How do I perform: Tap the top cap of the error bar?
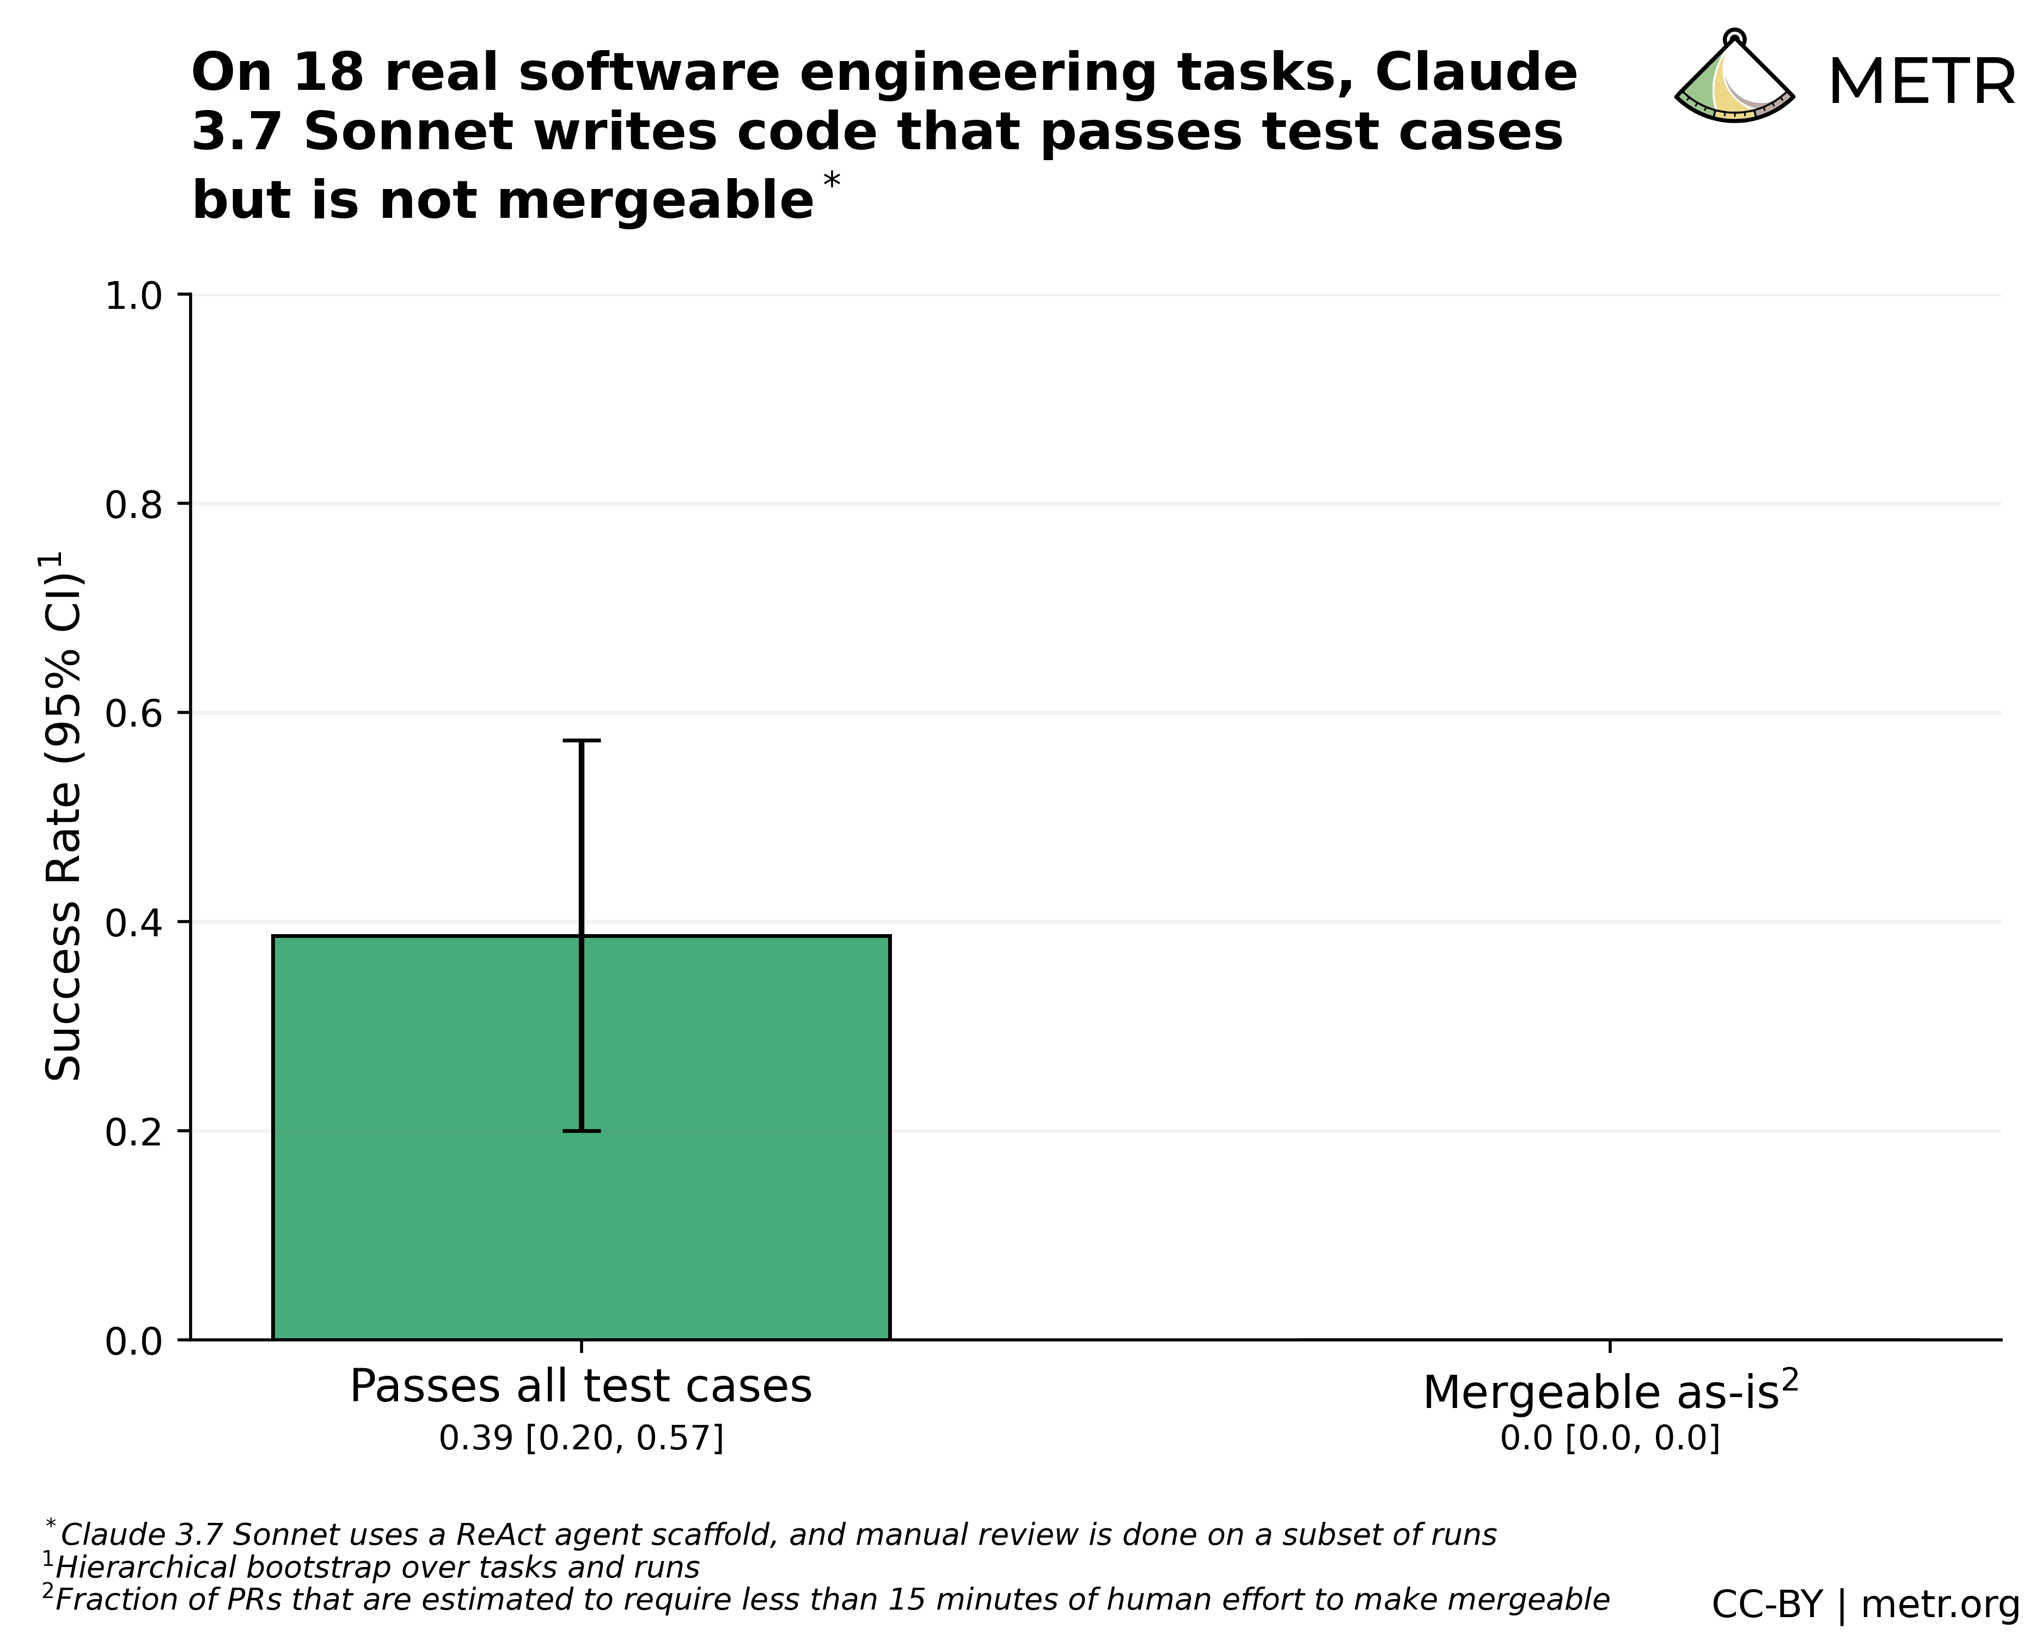click(582, 741)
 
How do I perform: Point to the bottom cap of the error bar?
click(582, 1131)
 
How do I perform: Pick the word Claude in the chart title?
click(1476, 73)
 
